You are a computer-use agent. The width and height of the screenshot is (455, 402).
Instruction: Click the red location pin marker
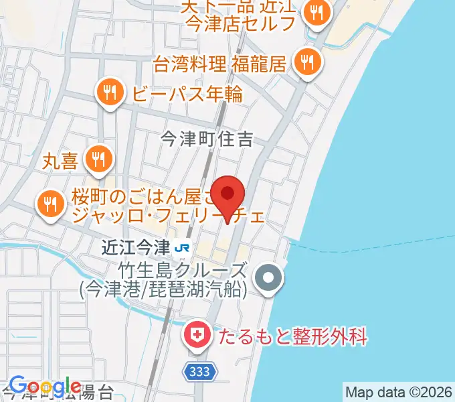[x=228, y=195]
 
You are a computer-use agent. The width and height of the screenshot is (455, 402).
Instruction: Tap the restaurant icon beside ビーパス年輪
[x=109, y=92]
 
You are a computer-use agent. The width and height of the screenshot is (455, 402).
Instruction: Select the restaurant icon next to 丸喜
[x=100, y=158]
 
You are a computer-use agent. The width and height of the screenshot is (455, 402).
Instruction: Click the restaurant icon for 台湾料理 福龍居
[x=308, y=63]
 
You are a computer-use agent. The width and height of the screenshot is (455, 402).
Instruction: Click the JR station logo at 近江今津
[x=181, y=248]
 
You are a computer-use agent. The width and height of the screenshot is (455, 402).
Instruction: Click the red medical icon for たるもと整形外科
[x=197, y=334]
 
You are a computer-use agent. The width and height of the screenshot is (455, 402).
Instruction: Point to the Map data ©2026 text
[x=398, y=391]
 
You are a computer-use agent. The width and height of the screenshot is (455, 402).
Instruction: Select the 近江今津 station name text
[x=135, y=248]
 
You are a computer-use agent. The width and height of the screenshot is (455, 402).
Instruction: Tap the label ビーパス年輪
[x=187, y=93]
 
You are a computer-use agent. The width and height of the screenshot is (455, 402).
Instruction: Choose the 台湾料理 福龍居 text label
[x=219, y=64]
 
